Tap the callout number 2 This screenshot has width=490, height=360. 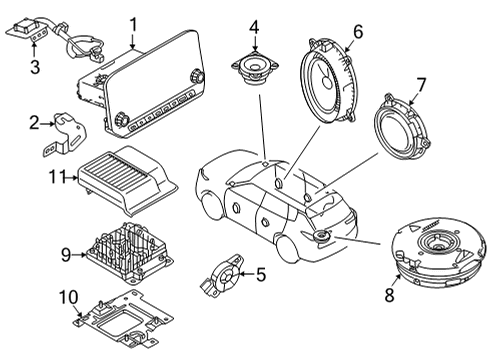tap(34, 123)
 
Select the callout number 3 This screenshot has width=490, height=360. tap(34, 67)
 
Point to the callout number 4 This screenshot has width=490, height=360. tap(254, 27)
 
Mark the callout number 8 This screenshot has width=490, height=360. tap(391, 295)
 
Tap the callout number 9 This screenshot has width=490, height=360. tap(66, 255)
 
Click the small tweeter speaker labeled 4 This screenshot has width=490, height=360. tap(252, 69)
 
